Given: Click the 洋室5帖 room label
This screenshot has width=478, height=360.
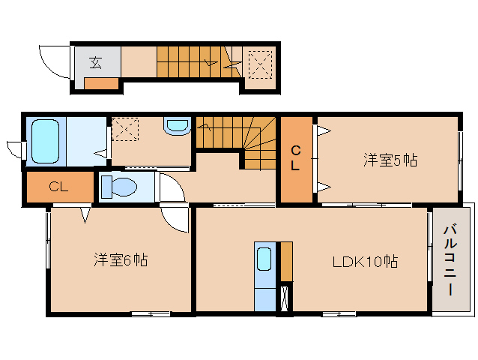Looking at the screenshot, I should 390,160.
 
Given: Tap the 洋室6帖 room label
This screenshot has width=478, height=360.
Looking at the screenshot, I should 120,260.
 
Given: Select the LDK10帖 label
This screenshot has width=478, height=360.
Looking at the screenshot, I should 365,262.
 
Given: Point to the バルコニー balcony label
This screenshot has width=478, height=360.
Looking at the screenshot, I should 450,259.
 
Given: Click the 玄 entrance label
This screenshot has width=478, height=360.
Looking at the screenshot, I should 96,62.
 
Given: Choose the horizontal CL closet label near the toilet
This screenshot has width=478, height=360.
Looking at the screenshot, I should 58,187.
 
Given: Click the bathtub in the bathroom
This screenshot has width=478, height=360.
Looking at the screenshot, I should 44,140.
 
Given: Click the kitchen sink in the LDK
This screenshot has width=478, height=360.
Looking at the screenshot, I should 264,259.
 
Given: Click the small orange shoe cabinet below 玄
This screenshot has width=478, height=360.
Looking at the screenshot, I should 101,82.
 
